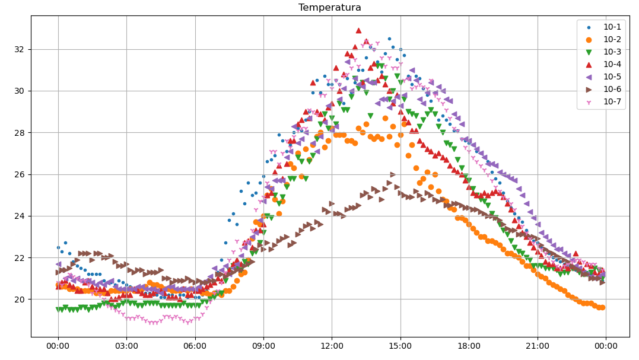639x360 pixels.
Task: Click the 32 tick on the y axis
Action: pos(21,49)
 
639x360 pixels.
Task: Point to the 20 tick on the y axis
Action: pos(21,300)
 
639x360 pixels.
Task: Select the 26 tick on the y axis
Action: pos(21,174)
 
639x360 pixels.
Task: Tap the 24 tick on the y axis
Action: pos(21,216)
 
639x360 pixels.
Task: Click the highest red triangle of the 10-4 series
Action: pos(358,30)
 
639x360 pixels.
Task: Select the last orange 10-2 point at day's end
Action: pos(602,307)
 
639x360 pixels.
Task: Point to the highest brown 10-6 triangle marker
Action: pos(393,174)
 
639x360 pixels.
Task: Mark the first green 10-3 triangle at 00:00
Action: pos(58,310)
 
